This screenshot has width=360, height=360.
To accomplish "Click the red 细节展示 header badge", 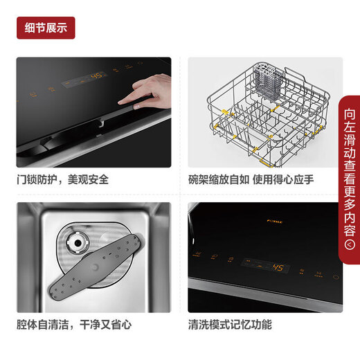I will (46, 28).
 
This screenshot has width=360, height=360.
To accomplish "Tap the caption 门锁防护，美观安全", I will (62, 179).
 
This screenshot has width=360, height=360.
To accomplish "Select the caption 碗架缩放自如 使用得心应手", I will (251, 179).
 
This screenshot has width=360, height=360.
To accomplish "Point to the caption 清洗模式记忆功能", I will (230, 324).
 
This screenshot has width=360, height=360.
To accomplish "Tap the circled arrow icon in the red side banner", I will (350, 243).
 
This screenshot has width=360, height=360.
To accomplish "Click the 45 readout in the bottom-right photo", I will (280, 267).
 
